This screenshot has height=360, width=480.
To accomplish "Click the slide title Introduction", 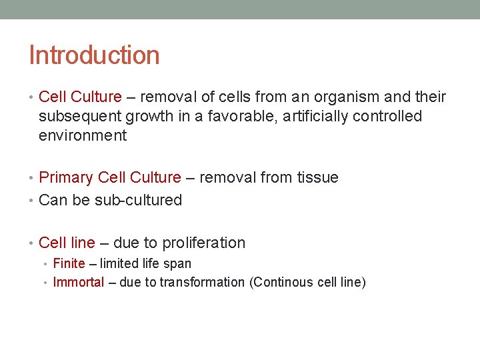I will (x=94, y=55).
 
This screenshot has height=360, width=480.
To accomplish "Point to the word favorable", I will (x=240, y=117).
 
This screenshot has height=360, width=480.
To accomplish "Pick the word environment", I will (x=83, y=136).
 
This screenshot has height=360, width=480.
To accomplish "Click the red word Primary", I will (x=66, y=178).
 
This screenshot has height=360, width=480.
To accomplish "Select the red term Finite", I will (x=69, y=264).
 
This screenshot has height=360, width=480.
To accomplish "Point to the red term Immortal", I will (x=79, y=283).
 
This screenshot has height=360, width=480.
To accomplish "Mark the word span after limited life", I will (x=177, y=264).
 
